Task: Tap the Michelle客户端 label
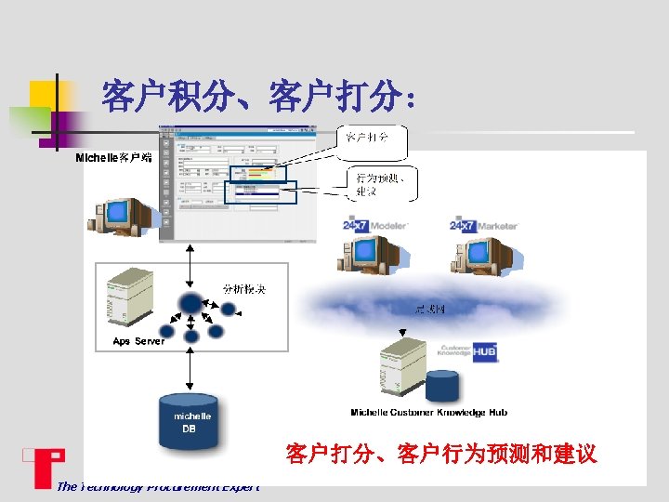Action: click(113, 159)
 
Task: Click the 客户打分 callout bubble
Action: click(367, 139)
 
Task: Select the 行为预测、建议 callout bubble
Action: click(381, 183)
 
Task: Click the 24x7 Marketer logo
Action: click(483, 225)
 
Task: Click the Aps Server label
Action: click(138, 341)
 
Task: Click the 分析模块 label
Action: click(243, 289)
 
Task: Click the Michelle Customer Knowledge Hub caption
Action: click(428, 412)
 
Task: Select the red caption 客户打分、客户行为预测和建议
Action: click(440, 455)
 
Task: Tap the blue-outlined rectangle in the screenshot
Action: click(260, 192)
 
